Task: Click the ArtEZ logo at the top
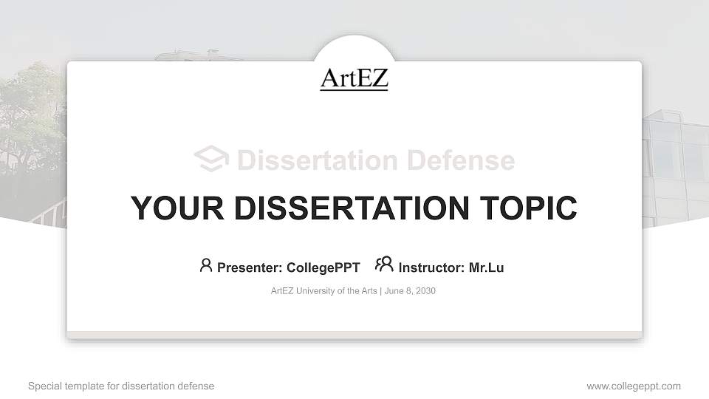click(354, 78)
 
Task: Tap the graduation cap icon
click(210, 160)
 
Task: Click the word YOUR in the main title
click(171, 208)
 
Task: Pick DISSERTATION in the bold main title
click(343, 208)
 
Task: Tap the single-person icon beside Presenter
click(206, 265)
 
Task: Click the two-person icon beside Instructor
click(384, 265)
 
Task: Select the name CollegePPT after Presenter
click(323, 267)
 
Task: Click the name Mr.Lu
click(486, 267)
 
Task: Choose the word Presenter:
click(247, 267)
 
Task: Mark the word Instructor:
click(431, 267)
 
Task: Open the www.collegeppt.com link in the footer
click(633, 386)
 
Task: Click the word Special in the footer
click(44, 386)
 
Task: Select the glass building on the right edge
click(674, 163)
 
